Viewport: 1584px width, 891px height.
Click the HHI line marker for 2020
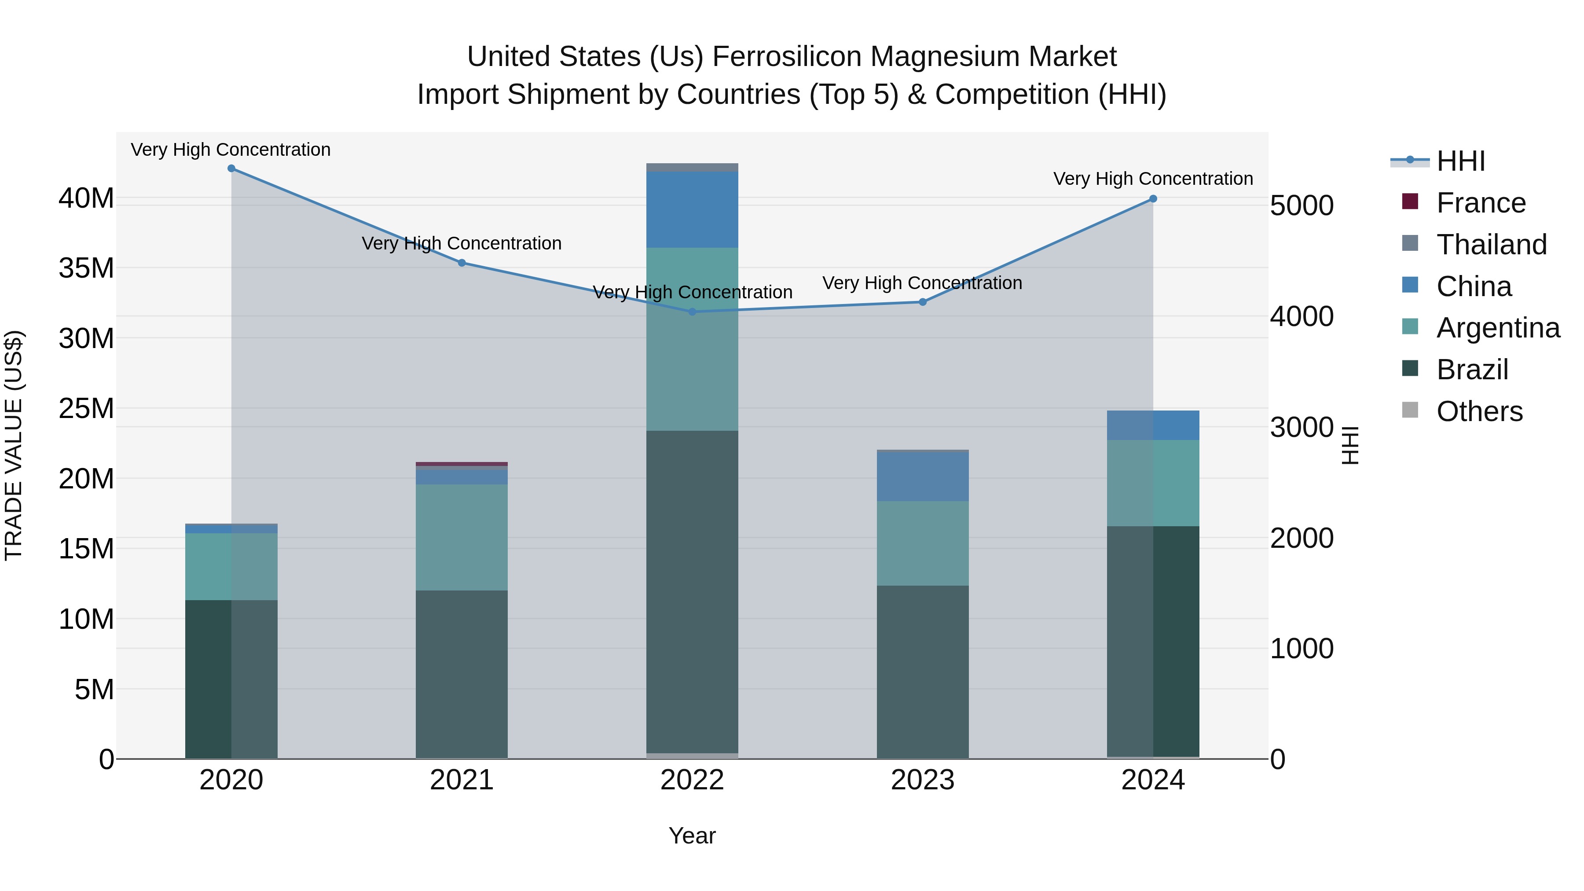point(231,169)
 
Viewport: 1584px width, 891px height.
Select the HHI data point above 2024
point(1153,198)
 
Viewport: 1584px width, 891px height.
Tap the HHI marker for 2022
point(693,312)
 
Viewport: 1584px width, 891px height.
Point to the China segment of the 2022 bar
point(693,210)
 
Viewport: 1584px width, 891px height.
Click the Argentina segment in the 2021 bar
point(462,537)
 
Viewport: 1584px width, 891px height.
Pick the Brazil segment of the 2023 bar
point(922,671)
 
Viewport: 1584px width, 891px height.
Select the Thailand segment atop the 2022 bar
point(693,167)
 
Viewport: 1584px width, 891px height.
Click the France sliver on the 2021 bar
point(462,464)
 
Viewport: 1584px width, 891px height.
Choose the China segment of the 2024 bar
point(1153,425)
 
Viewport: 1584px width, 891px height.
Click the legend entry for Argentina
point(1498,328)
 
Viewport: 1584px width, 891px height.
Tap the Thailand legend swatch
point(1410,243)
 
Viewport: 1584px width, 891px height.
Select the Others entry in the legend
point(1479,411)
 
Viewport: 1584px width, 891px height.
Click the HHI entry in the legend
point(1460,161)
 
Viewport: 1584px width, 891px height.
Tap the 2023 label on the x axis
point(922,780)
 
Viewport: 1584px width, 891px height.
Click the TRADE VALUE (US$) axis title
point(14,445)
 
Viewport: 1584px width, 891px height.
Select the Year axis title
point(693,836)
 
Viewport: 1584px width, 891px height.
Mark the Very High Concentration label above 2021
point(462,243)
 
